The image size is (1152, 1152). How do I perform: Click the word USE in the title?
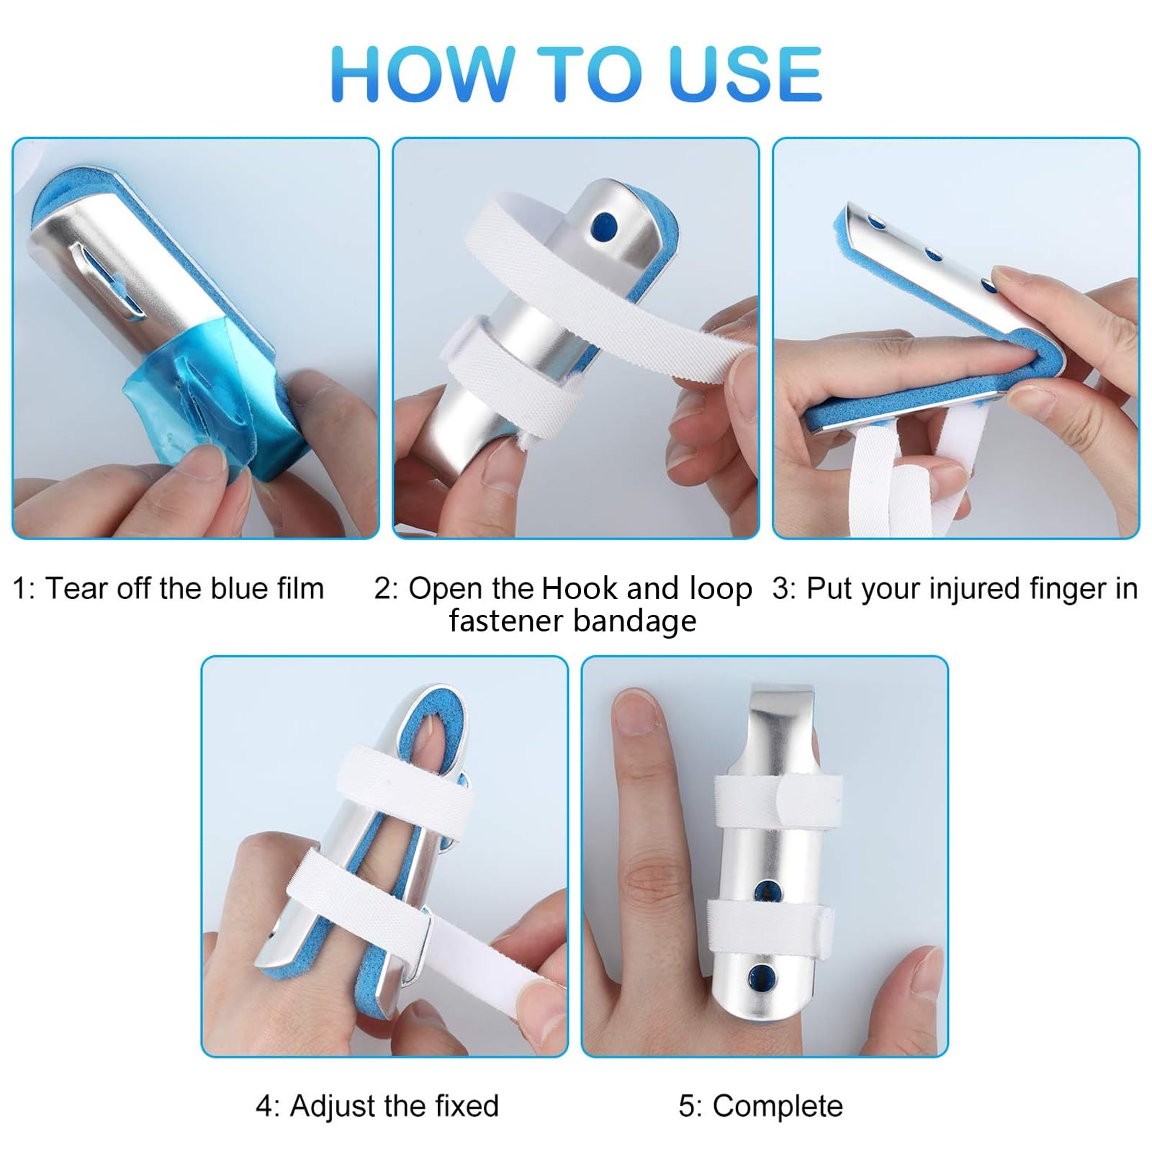tap(744, 73)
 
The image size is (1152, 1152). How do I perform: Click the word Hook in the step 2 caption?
tap(580, 588)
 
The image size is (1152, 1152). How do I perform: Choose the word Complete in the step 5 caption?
tap(778, 1106)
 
